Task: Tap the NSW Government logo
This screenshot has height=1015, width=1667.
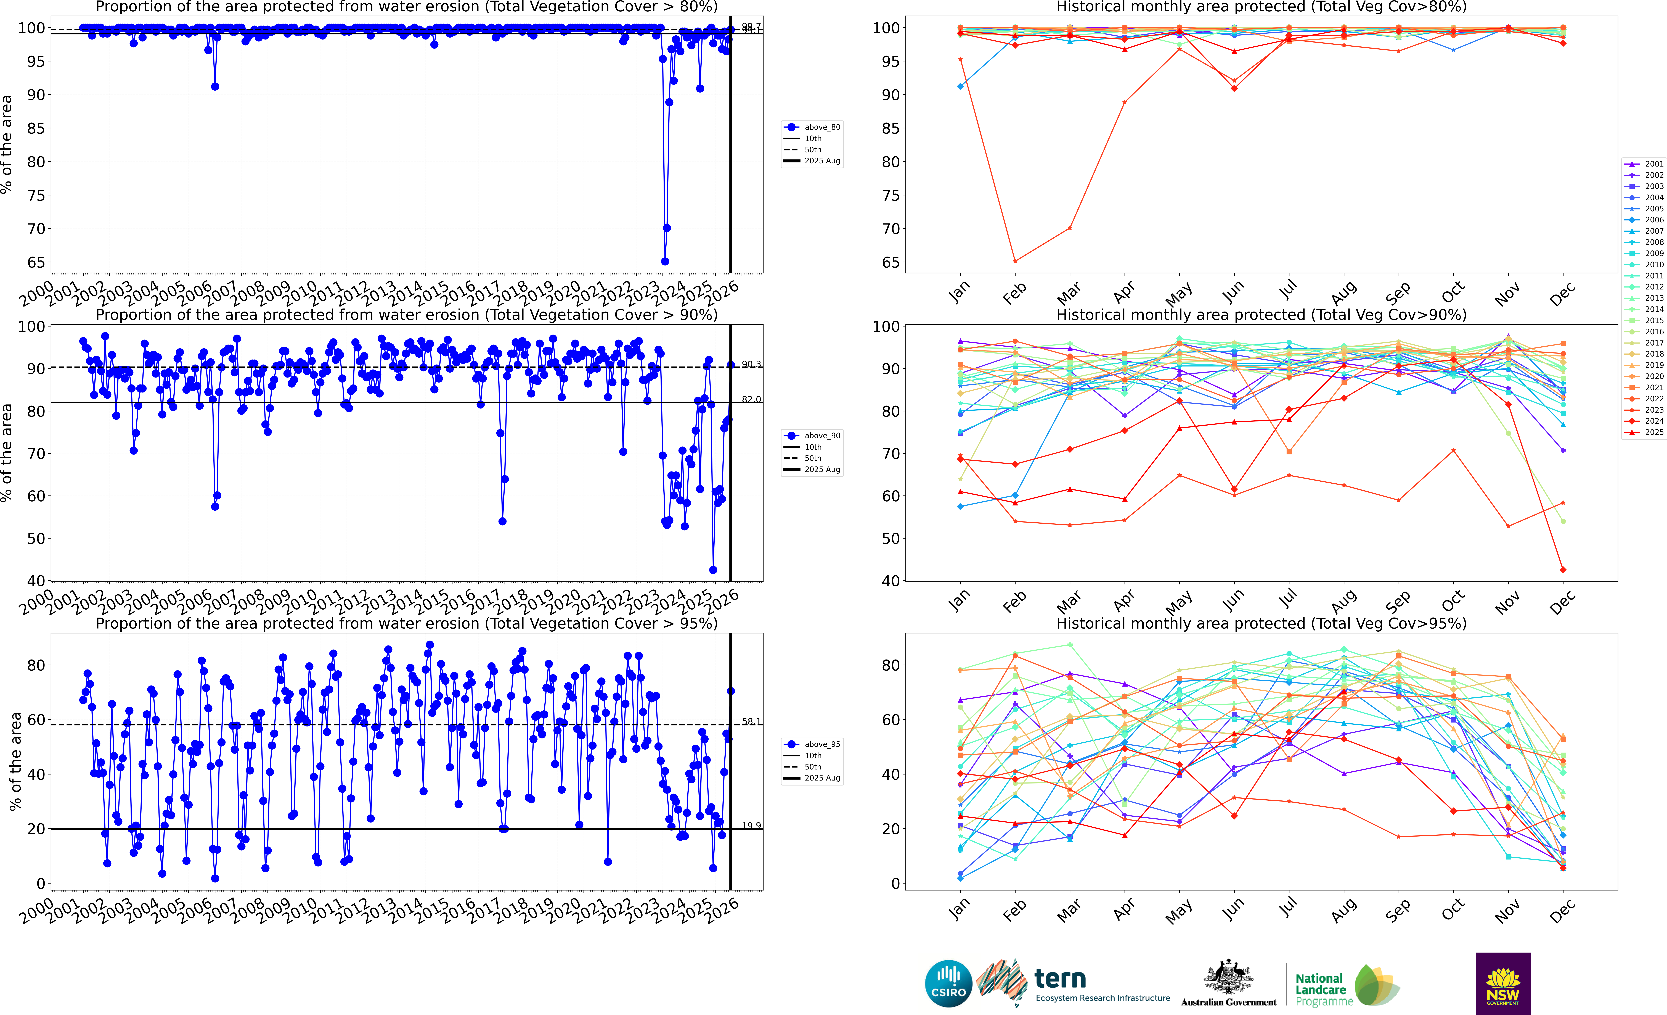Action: point(1503,983)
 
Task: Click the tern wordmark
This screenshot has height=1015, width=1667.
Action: point(1060,979)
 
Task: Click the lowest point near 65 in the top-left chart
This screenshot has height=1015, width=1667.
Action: point(665,261)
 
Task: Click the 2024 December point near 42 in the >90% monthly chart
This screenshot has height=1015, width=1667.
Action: point(1563,570)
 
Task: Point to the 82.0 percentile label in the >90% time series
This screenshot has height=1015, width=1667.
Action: point(751,399)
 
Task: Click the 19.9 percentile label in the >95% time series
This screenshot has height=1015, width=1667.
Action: point(751,826)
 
